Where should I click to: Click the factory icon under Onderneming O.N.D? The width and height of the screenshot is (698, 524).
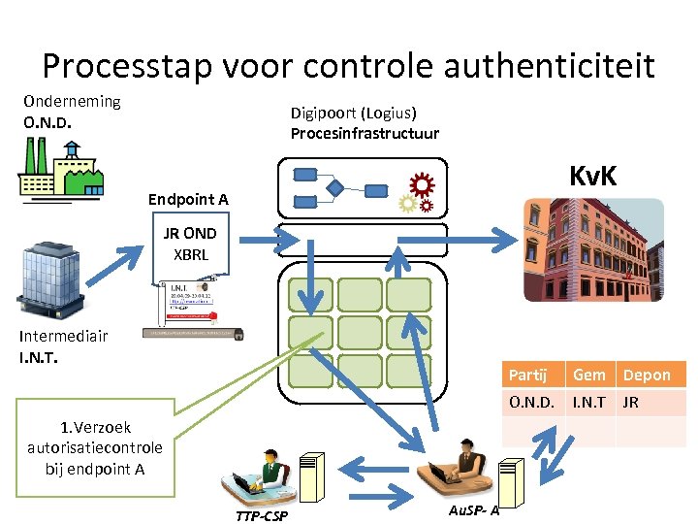(x=58, y=171)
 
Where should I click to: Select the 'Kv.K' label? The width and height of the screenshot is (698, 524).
(x=593, y=176)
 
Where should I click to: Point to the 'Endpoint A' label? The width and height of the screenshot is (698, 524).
(x=188, y=200)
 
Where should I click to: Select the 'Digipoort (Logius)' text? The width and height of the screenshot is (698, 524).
(x=354, y=113)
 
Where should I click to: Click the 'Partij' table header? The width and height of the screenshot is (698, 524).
(x=528, y=375)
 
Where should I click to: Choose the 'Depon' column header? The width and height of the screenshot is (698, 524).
(x=647, y=375)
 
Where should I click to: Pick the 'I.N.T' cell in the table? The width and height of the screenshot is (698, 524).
(x=588, y=402)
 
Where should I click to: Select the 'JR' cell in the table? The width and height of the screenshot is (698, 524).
(x=630, y=402)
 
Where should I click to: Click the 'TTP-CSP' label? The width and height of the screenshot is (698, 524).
(x=262, y=515)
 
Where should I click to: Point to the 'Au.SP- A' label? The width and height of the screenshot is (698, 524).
(x=474, y=510)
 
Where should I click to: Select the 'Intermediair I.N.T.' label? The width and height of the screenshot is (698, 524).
(x=64, y=345)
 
